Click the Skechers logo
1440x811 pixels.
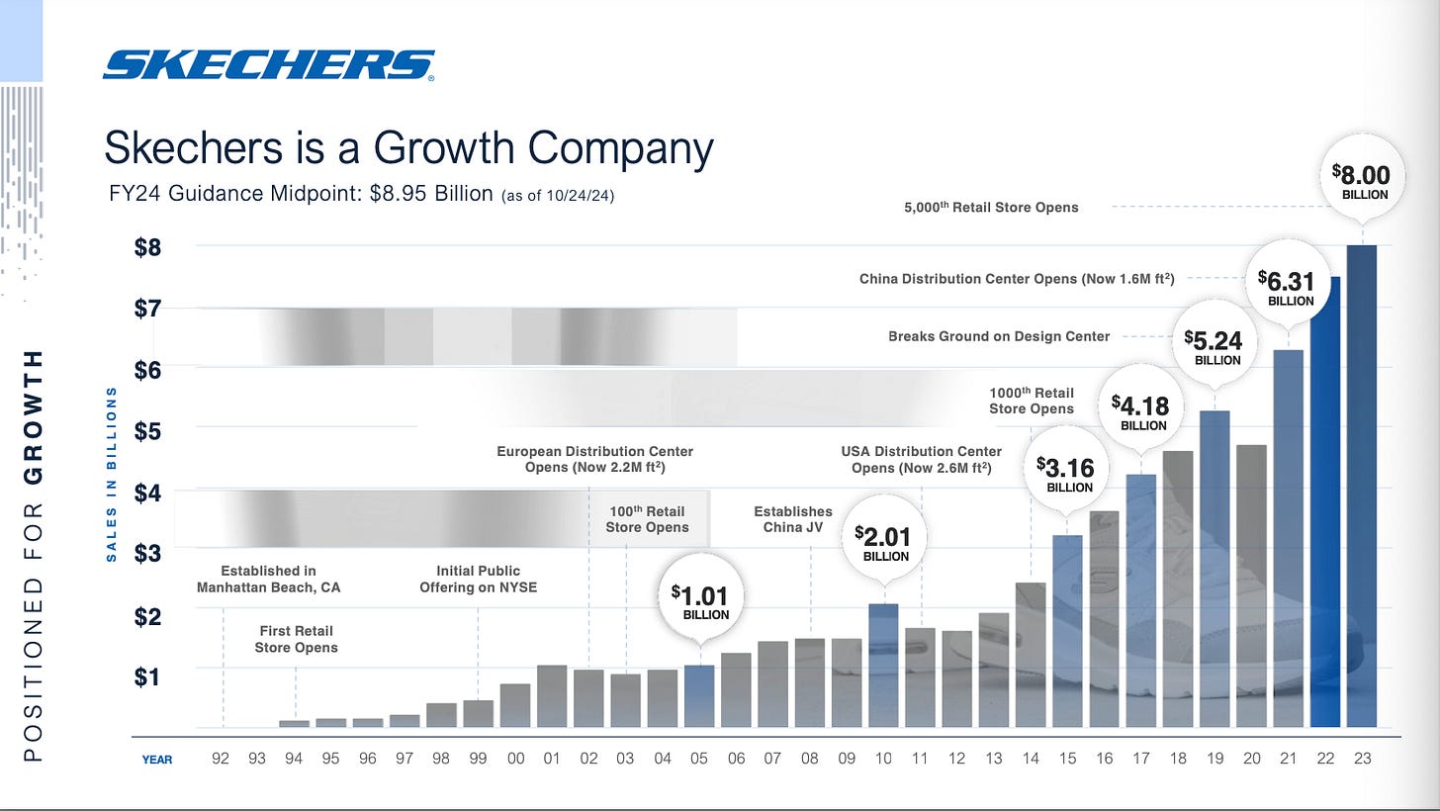(268, 65)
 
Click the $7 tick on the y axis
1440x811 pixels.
(146, 308)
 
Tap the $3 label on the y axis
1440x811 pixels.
(146, 553)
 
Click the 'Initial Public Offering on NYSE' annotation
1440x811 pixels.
(478, 579)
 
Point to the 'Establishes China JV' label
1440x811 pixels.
(793, 518)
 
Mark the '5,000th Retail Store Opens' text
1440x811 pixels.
(991, 207)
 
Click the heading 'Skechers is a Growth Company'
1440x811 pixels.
(408, 149)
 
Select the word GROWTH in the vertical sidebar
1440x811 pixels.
(33, 416)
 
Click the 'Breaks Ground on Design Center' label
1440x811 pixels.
(999, 336)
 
